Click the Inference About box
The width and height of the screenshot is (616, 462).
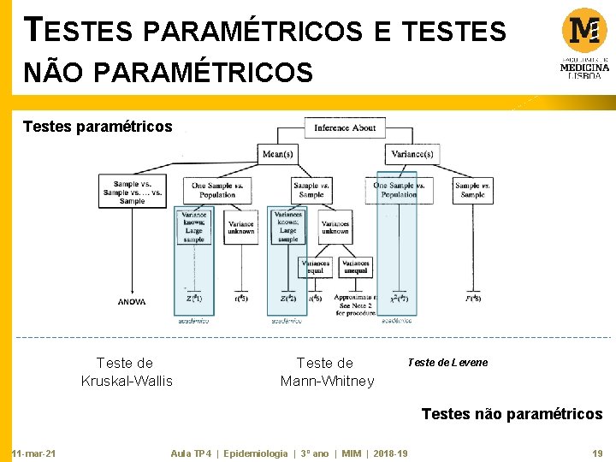click(x=344, y=127)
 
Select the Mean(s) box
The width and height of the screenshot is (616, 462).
click(x=278, y=155)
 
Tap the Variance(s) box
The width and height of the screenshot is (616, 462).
click(x=412, y=155)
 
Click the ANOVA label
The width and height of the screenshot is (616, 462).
click(x=132, y=302)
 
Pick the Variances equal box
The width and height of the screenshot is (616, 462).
click(x=315, y=267)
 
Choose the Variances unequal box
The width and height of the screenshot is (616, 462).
click(x=355, y=267)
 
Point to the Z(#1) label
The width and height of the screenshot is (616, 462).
click(x=194, y=299)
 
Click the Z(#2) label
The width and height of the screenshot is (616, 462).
click(x=288, y=299)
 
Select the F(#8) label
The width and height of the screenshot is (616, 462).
click(x=472, y=299)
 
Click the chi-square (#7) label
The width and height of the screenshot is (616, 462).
click(x=399, y=299)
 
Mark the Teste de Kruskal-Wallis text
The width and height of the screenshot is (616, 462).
click(x=126, y=372)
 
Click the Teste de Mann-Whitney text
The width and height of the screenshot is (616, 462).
click(x=327, y=372)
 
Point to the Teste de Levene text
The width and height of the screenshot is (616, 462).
click(x=447, y=363)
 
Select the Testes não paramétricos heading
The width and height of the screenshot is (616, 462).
click(x=512, y=414)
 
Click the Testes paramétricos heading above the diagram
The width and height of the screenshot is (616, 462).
click(x=98, y=127)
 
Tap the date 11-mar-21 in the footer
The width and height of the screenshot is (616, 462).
click(x=33, y=453)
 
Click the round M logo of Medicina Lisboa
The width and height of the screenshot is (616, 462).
click(x=584, y=31)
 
